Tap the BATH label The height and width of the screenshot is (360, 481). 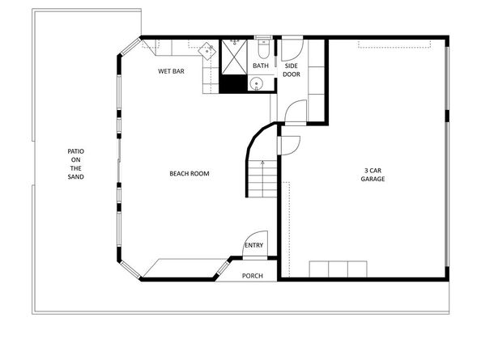tap(261, 66)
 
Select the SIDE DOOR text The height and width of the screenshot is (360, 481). tap(292, 70)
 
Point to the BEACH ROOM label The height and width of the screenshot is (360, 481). tap(189, 173)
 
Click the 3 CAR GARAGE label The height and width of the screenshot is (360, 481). tap(372, 174)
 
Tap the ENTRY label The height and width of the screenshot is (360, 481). tap(253, 245)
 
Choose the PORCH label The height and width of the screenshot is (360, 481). tap(253, 275)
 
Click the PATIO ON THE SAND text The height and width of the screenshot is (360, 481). tap(75, 164)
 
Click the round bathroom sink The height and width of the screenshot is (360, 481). tap(257, 83)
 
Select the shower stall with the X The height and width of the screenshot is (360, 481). tap(235, 54)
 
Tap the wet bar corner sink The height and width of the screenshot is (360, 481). tap(208, 50)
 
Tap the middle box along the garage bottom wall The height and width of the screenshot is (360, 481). tap(338, 269)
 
